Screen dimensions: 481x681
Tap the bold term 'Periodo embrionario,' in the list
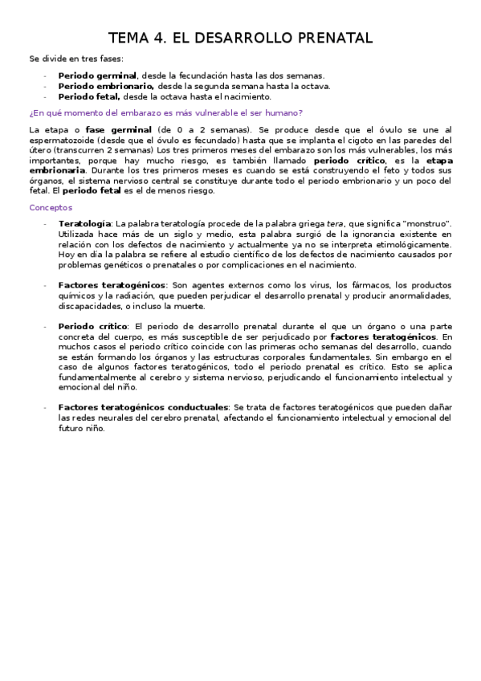tap(106, 86)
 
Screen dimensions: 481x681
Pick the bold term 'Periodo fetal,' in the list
tap(89, 96)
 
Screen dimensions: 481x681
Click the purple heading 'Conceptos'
tap(51, 207)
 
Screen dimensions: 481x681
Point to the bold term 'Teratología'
tap(84, 223)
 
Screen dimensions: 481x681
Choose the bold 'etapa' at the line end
tap(438, 161)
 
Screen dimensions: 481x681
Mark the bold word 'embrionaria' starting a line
tap(57, 171)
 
